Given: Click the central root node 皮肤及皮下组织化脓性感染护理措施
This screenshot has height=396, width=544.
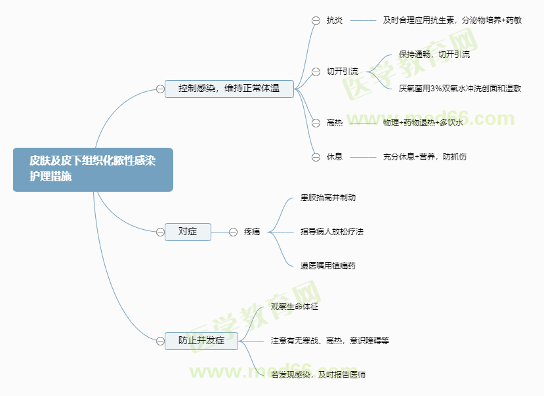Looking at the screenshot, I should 93,169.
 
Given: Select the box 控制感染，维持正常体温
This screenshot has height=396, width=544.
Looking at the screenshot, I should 229,88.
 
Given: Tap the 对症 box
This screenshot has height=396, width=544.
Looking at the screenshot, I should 188,231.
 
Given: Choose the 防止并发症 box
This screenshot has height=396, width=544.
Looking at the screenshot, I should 201,340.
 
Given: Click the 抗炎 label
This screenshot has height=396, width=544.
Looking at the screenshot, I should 335,20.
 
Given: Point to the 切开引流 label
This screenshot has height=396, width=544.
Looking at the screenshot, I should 343,72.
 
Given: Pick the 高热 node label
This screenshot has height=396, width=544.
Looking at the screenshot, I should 335,123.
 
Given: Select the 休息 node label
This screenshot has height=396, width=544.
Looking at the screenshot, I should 335,157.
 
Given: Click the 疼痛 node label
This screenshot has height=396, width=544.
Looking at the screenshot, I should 252,232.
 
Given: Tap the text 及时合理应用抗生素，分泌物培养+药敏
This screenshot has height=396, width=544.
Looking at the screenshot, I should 452,20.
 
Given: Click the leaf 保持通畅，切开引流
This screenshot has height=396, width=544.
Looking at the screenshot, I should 434,55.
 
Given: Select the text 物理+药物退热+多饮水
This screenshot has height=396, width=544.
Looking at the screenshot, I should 423,123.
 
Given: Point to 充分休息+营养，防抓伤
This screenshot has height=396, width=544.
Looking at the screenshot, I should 425,157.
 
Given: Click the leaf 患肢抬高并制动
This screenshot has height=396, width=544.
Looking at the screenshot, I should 328,198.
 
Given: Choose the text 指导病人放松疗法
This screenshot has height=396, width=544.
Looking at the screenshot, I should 332,232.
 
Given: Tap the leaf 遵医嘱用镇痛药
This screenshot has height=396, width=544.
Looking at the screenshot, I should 328,266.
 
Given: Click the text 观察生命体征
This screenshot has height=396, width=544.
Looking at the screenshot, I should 295,307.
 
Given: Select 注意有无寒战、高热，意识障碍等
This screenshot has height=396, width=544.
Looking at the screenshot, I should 330,341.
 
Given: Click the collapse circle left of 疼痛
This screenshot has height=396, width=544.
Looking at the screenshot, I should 233,232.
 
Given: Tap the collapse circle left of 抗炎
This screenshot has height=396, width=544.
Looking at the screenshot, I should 316,20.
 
